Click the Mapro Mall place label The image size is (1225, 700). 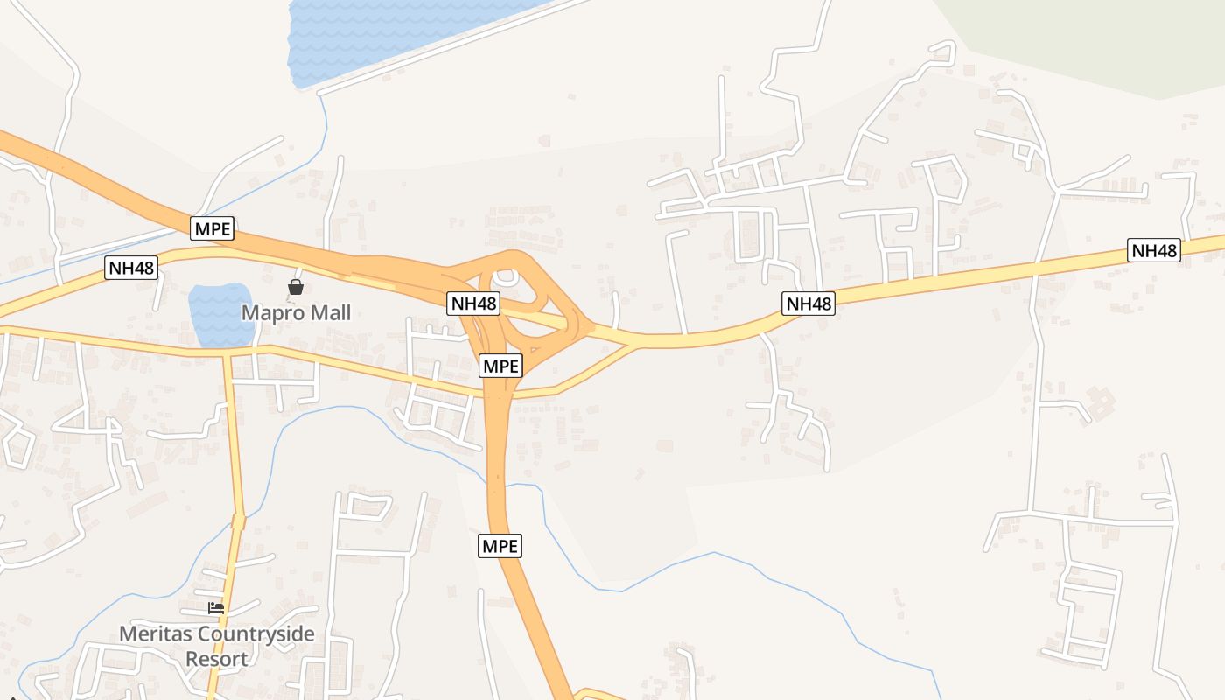tap(296, 312)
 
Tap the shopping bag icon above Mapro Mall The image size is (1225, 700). tap(296, 287)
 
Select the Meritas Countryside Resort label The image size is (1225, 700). tap(216, 646)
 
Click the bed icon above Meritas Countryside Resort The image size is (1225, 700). tap(216, 607)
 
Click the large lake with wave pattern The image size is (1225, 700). tap(385, 31)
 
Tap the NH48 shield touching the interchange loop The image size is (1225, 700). tap(473, 304)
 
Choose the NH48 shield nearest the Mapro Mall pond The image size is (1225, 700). tap(131, 268)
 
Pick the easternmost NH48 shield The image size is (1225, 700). tap(1154, 250)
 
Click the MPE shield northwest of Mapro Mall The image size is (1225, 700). tap(213, 229)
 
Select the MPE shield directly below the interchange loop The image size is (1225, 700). tap(501, 366)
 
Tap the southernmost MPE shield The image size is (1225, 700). tap(500, 546)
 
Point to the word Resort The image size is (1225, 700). tap(216, 659)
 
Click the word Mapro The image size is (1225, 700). tap(268, 312)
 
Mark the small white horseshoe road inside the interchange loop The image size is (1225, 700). tap(506, 278)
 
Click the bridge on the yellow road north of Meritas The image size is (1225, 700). tap(238, 522)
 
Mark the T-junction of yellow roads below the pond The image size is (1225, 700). tap(227, 354)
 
